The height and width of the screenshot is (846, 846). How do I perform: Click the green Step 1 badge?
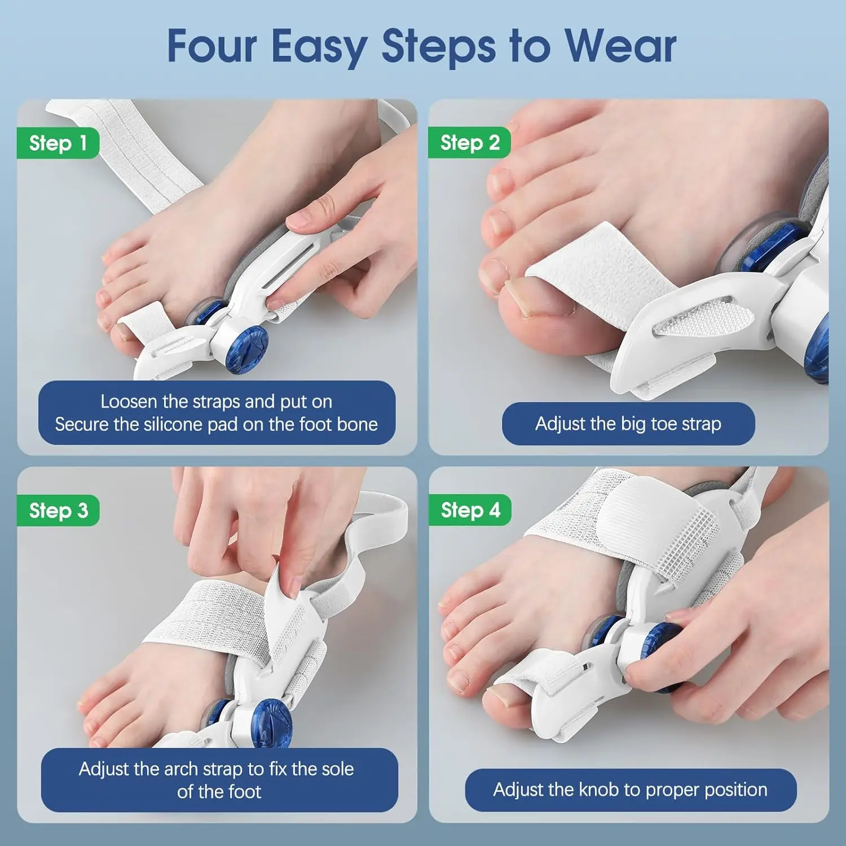[58, 143]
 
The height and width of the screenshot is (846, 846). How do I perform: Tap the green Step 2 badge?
[469, 143]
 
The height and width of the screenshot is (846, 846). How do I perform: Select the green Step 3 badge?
[58, 510]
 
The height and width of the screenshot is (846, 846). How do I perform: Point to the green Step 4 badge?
[470, 510]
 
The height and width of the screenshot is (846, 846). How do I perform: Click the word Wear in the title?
[620, 46]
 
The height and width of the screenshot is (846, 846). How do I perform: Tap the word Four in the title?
[213, 46]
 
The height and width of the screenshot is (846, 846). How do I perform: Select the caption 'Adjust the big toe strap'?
[628, 424]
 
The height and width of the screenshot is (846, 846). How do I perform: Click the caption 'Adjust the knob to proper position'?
[630, 790]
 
